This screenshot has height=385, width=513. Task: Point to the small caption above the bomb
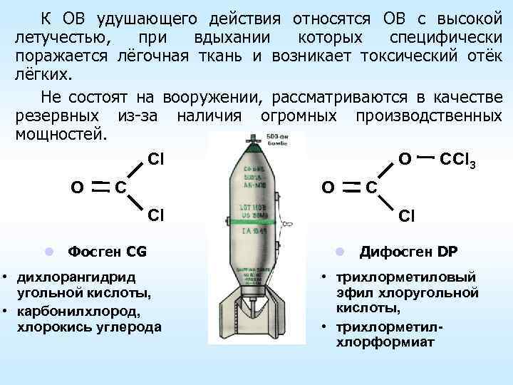pyautogui.click(x=285, y=140)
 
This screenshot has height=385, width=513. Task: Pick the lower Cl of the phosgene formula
pyautogui.click(x=155, y=214)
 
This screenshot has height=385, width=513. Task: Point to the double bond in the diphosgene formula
pyautogui.click(x=349, y=186)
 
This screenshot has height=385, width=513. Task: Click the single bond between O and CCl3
pyautogui.click(x=425, y=156)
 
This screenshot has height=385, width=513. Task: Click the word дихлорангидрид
pyautogui.click(x=70, y=276)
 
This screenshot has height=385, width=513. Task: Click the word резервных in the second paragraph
pyautogui.click(x=55, y=115)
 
